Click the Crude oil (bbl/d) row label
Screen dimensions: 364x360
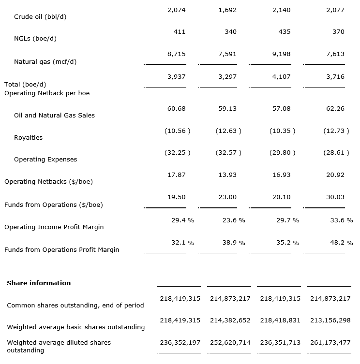point(40,17)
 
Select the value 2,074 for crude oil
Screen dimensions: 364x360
point(176,10)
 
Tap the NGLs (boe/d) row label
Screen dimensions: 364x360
point(39,39)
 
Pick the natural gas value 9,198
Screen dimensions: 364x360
point(282,54)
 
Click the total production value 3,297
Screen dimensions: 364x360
point(227,77)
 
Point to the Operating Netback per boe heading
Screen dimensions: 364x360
point(47,93)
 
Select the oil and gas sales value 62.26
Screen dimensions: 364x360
point(335,109)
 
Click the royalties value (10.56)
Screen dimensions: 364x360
point(177,131)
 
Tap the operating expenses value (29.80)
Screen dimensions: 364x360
point(282,153)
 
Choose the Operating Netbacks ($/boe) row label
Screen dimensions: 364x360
point(48,182)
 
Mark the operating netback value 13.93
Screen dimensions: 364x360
point(227,175)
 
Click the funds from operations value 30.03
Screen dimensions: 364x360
point(335,197)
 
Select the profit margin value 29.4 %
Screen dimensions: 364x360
point(182,220)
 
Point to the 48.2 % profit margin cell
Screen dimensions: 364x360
point(342,243)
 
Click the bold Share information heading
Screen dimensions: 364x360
point(39,283)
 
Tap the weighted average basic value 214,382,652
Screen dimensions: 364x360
point(230,320)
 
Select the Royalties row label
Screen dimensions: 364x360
point(28,138)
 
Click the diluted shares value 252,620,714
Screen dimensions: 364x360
point(230,342)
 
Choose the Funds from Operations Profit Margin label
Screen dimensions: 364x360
point(61,250)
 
